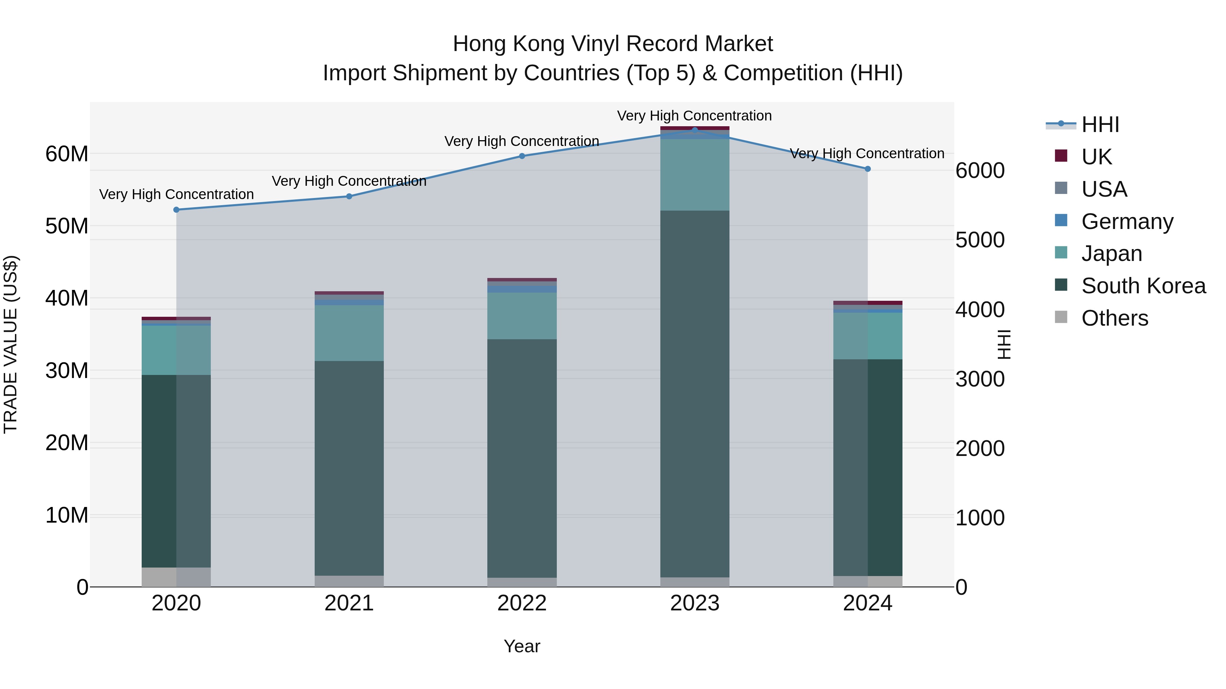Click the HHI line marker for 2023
click(694, 130)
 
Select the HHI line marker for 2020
click(176, 210)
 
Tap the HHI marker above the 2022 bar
click(522, 156)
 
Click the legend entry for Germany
click(1127, 222)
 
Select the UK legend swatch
click(1061, 156)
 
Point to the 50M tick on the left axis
click(67, 226)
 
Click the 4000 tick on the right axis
click(980, 310)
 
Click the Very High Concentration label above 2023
click(694, 116)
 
